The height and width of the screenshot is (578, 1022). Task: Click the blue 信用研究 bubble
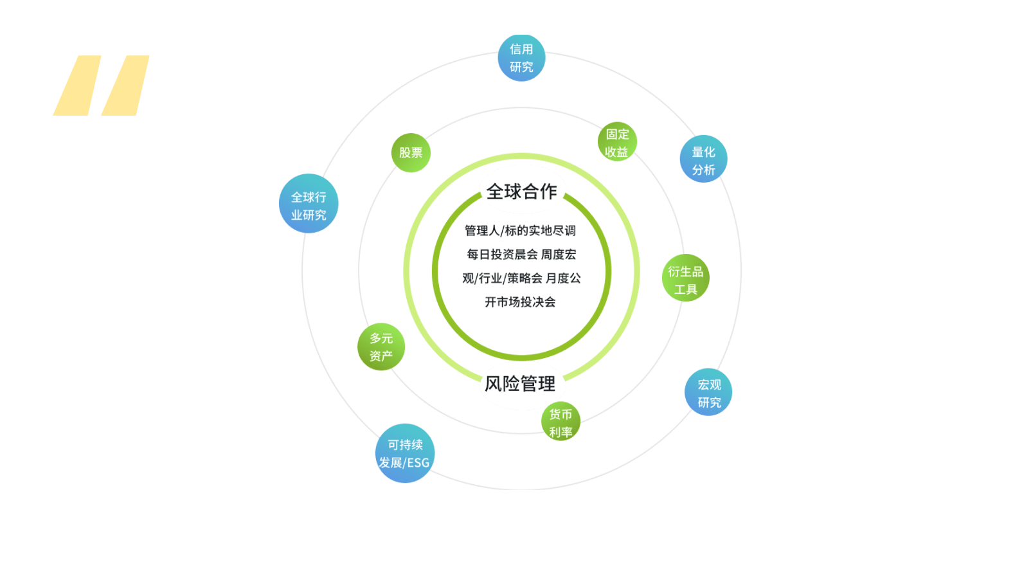point(521,58)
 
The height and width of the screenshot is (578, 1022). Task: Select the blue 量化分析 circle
point(703,159)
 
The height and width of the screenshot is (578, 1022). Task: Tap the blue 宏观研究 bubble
point(708,392)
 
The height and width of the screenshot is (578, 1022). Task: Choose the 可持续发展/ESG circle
point(405,453)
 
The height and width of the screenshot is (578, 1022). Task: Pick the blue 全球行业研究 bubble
point(309,204)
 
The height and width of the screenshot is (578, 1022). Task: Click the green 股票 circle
point(411,153)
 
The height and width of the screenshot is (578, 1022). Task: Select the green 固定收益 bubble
point(617,141)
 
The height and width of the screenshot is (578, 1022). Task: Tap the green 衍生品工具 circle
point(686,278)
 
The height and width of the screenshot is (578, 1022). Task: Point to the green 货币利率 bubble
point(560,422)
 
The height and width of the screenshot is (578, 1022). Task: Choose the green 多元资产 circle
point(381,347)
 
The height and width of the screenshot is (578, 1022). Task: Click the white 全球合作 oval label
point(522,190)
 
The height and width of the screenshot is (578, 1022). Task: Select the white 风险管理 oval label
point(522,384)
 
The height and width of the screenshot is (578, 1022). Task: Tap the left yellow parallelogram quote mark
point(77,86)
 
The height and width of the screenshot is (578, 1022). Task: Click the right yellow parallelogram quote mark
point(125,86)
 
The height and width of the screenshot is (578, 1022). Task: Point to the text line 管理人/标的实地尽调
point(521,231)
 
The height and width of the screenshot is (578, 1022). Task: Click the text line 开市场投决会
point(521,302)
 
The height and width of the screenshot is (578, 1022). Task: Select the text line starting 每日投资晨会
point(521,255)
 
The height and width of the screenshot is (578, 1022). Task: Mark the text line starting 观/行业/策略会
point(521,278)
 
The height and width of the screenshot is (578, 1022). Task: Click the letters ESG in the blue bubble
point(418,463)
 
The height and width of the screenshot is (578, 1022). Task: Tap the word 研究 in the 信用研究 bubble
point(521,67)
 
